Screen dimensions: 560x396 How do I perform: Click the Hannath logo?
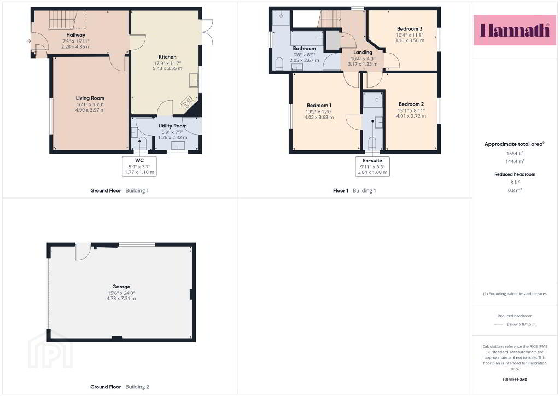coord(515,30)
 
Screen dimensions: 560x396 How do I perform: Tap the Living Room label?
coord(90,98)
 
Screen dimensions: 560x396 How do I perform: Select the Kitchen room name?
coord(167,57)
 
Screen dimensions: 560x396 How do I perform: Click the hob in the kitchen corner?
coord(187,103)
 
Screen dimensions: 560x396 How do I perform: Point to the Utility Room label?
coord(172,126)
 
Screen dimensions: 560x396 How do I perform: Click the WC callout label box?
coord(139,166)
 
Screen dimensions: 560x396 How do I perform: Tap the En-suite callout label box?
coord(372,166)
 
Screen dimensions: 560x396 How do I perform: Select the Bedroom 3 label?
coord(410,28)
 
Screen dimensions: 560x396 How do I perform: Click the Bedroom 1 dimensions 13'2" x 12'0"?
coord(319,112)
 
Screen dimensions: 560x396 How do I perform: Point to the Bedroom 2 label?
coord(411,104)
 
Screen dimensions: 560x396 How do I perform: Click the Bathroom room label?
coord(304,49)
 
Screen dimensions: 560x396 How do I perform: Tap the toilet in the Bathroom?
coord(279,64)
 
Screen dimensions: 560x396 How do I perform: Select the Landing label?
coord(363,52)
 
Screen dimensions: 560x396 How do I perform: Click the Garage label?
coord(121,287)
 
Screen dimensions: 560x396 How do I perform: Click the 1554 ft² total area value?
coord(515,153)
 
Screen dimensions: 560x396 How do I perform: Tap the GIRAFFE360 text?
coord(515,380)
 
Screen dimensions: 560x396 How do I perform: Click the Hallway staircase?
coord(63,19)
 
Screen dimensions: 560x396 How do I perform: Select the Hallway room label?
coord(75,35)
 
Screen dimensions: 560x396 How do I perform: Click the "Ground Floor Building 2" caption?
coord(120,387)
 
